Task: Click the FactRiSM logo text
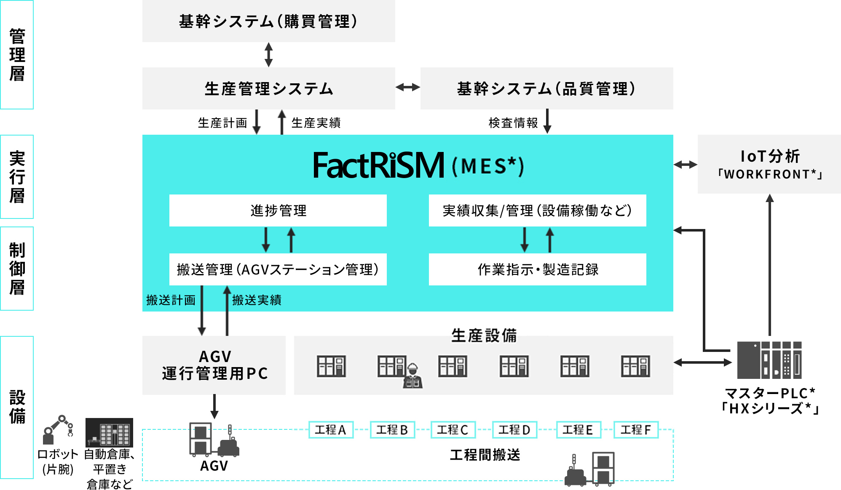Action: click(x=378, y=165)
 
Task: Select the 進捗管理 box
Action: click(x=278, y=210)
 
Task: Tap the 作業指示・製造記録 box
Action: click(x=537, y=269)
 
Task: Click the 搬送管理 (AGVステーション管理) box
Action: click(x=278, y=269)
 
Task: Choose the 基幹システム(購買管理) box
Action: click(x=268, y=21)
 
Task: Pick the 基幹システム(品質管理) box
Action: click(x=546, y=88)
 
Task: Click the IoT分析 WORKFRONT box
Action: click(x=769, y=164)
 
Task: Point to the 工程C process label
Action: click(x=453, y=430)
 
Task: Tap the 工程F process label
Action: click(x=636, y=430)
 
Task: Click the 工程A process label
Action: click(x=331, y=430)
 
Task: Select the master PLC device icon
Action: click(x=769, y=360)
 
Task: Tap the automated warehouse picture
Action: click(x=109, y=432)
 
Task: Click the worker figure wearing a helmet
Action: click(x=412, y=375)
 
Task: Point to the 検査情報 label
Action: click(x=513, y=123)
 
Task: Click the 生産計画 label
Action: click(x=222, y=123)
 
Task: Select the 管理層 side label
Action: click(x=17, y=55)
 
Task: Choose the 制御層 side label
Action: click(x=17, y=269)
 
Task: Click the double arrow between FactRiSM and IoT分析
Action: click(x=685, y=165)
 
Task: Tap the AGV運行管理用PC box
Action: click(x=214, y=365)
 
